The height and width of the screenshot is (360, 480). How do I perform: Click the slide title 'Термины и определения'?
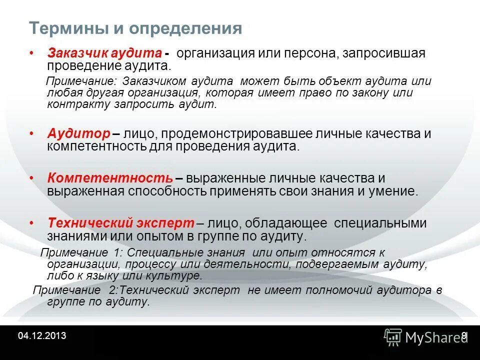(x=135, y=28)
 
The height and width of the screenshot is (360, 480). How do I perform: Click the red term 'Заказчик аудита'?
(x=104, y=53)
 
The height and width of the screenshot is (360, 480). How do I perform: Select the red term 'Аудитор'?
(x=78, y=134)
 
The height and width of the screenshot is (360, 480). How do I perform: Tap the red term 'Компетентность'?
(x=110, y=178)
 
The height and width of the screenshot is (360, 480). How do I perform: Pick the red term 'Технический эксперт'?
(x=120, y=222)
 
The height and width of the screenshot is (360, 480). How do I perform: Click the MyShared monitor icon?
(x=393, y=336)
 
